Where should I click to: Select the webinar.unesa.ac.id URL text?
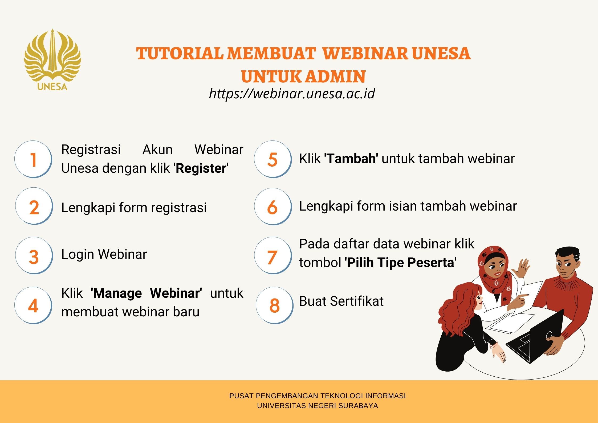pyautogui.click(x=292, y=94)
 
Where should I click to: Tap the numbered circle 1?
pyautogui.click(x=33, y=159)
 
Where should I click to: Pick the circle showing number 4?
pyautogui.click(x=33, y=305)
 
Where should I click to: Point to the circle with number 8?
pyautogui.click(x=275, y=305)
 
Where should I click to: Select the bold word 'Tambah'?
pyautogui.click(x=351, y=159)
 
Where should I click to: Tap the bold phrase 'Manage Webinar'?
pyautogui.click(x=146, y=293)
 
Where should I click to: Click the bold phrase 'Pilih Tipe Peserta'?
pyautogui.click(x=401, y=263)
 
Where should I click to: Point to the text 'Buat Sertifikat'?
pyautogui.click(x=341, y=301)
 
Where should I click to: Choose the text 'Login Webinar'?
pyautogui.click(x=104, y=254)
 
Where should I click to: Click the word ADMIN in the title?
pyautogui.click(x=335, y=77)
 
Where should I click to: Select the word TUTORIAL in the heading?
pyautogui.click(x=180, y=53)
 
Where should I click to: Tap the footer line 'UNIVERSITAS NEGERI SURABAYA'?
pyautogui.click(x=318, y=406)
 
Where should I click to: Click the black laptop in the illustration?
pyautogui.click(x=535, y=337)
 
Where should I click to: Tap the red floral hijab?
pyautogui.click(x=494, y=272)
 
